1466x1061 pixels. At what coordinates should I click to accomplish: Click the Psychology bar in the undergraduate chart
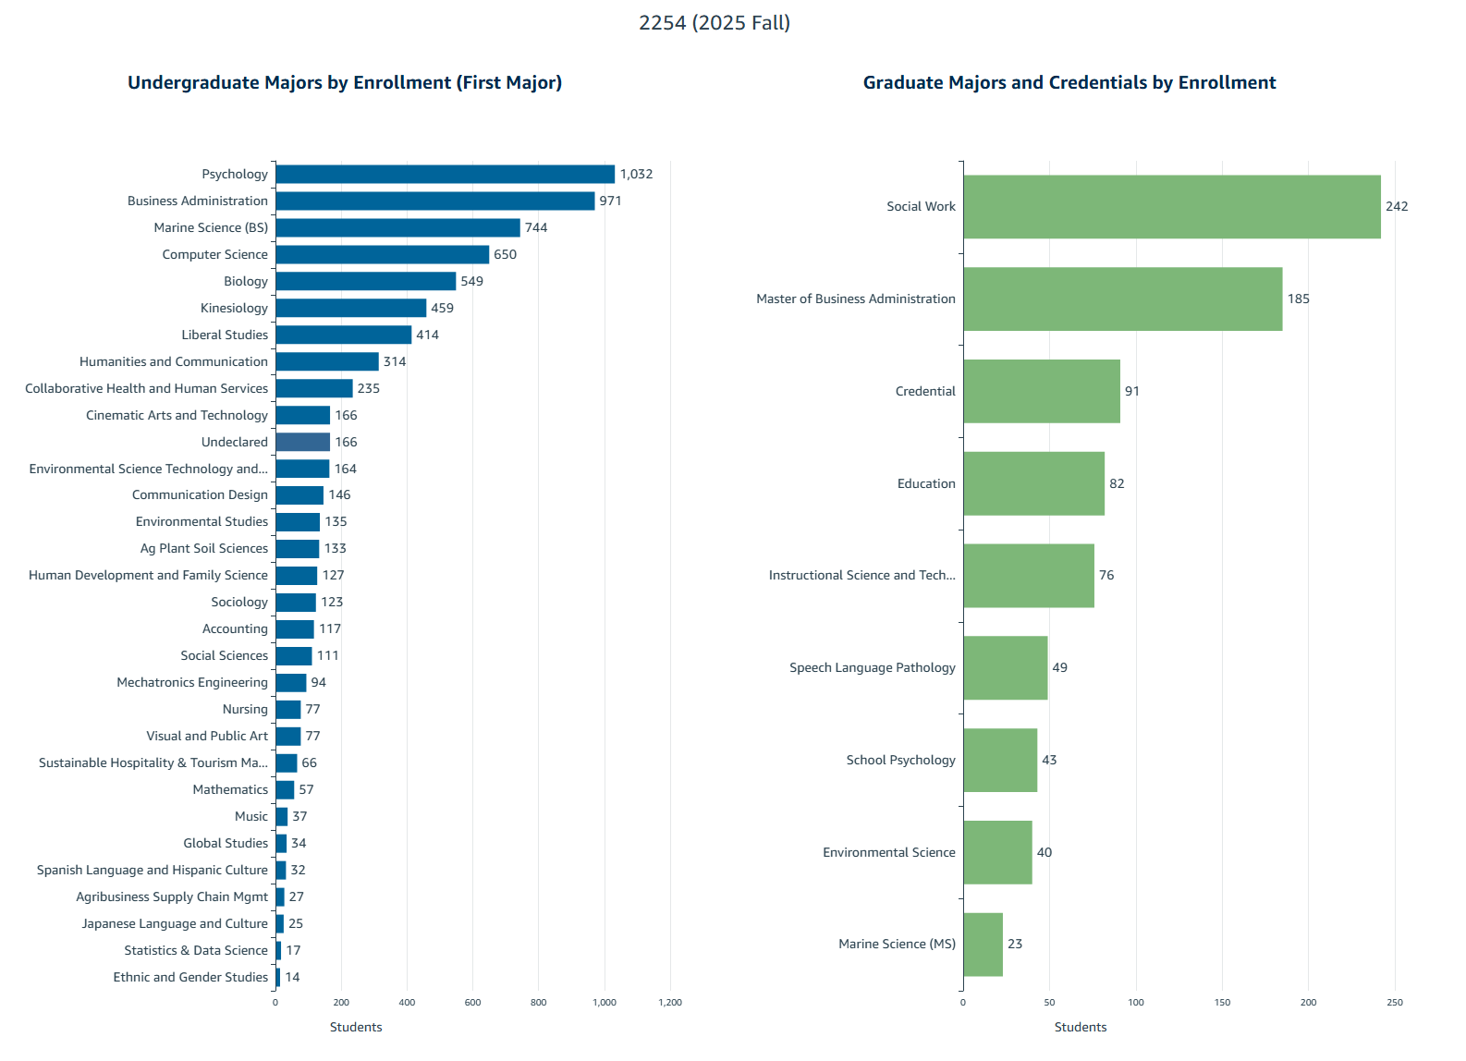point(445,174)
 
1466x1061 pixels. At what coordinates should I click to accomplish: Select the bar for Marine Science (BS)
point(397,227)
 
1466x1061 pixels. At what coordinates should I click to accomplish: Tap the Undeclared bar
point(302,442)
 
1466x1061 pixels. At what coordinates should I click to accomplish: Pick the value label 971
point(610,201)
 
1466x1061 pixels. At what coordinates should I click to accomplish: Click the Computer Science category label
point(214,254)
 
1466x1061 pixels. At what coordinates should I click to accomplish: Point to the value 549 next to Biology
point(471,281)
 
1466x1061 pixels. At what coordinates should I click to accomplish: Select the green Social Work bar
point(1171,207)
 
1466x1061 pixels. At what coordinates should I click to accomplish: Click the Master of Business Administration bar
point(1122,299)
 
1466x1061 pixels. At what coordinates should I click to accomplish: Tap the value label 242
point(1396,206)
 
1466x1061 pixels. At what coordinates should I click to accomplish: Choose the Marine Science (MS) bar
point(983,944)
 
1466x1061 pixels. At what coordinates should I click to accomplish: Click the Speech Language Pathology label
point(872,667)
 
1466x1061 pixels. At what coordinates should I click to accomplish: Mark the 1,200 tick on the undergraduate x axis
point(670,1003)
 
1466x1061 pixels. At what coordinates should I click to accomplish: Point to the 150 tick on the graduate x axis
point(1222,1003)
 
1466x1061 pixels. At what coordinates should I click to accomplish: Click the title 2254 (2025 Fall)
point(715,23)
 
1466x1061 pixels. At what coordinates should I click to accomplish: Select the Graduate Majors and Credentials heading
point(1069,82)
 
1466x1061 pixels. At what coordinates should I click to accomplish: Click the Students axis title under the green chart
point(1080,1027)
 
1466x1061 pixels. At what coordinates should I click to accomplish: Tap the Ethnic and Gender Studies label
point(190,977)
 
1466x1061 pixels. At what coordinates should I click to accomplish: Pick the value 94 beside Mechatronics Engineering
point(318,682)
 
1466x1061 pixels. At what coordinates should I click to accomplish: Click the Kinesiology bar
point(350,308)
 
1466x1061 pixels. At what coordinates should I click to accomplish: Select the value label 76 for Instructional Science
point(1106,575)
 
